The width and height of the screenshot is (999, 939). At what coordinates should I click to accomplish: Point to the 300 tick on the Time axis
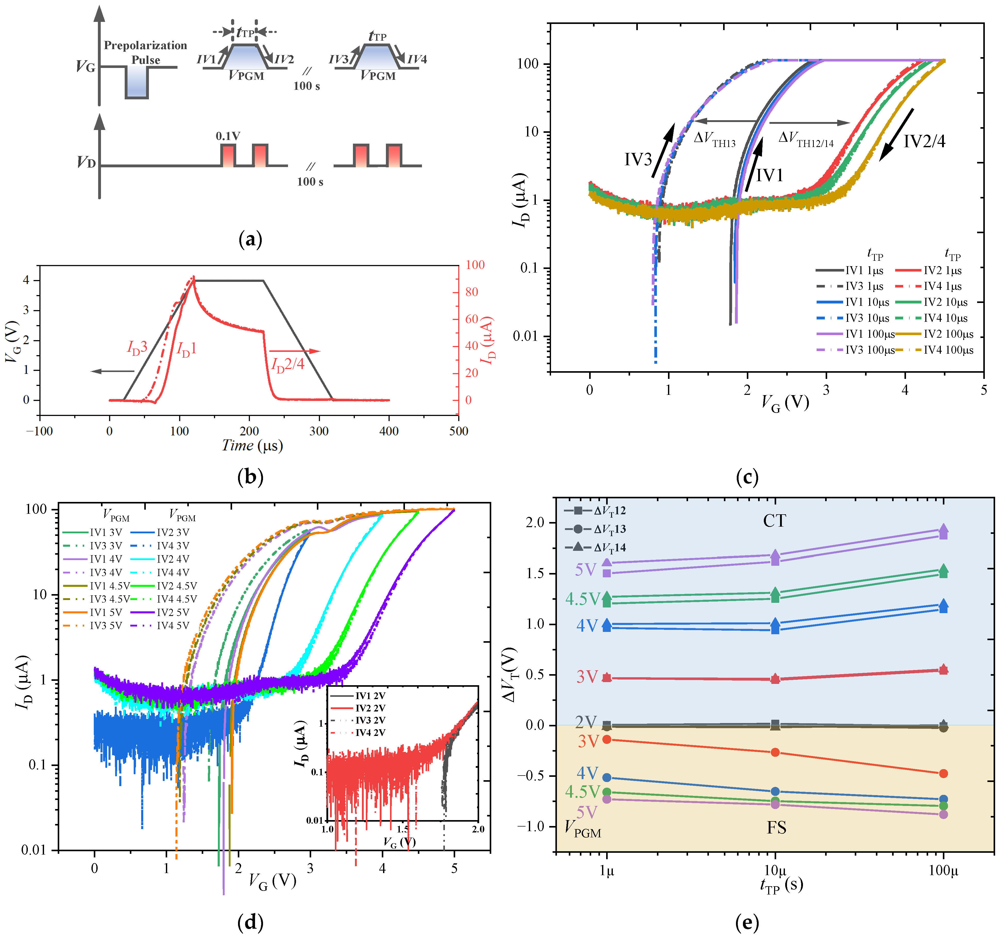319,431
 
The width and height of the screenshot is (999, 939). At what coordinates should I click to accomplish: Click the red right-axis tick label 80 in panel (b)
471,292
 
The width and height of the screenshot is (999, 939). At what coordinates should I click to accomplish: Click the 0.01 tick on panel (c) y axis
525,336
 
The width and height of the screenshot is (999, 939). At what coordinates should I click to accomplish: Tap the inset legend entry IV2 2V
370,708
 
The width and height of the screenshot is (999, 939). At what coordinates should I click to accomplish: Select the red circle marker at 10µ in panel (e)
775,752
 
